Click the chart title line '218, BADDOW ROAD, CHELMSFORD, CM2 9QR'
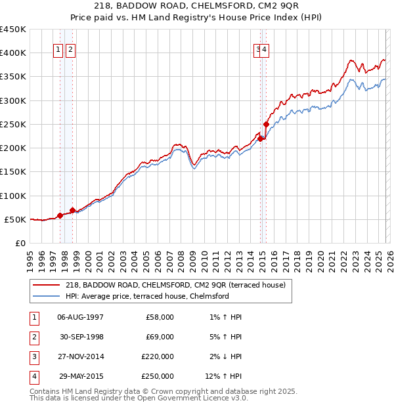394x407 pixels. pyautogui.click(x=196, y=7)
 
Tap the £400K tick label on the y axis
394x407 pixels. pyautogui.click(x=13, y=53)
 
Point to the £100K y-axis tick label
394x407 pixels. pyautogui.click(x=13, y=196)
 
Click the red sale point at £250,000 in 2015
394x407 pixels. pyautogui.click(x=266, y=124)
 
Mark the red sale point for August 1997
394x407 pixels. pyautogui.click(x=60, y=215)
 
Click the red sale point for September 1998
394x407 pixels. pyautogui.click(x=73, y=210)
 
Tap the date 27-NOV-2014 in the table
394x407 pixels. pyautogui.click(x=80, y=356)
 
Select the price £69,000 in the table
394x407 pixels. pyautogui.click(x=160, y=337)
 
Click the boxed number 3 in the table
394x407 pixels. pyautogui.click(x=33, y=356)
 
